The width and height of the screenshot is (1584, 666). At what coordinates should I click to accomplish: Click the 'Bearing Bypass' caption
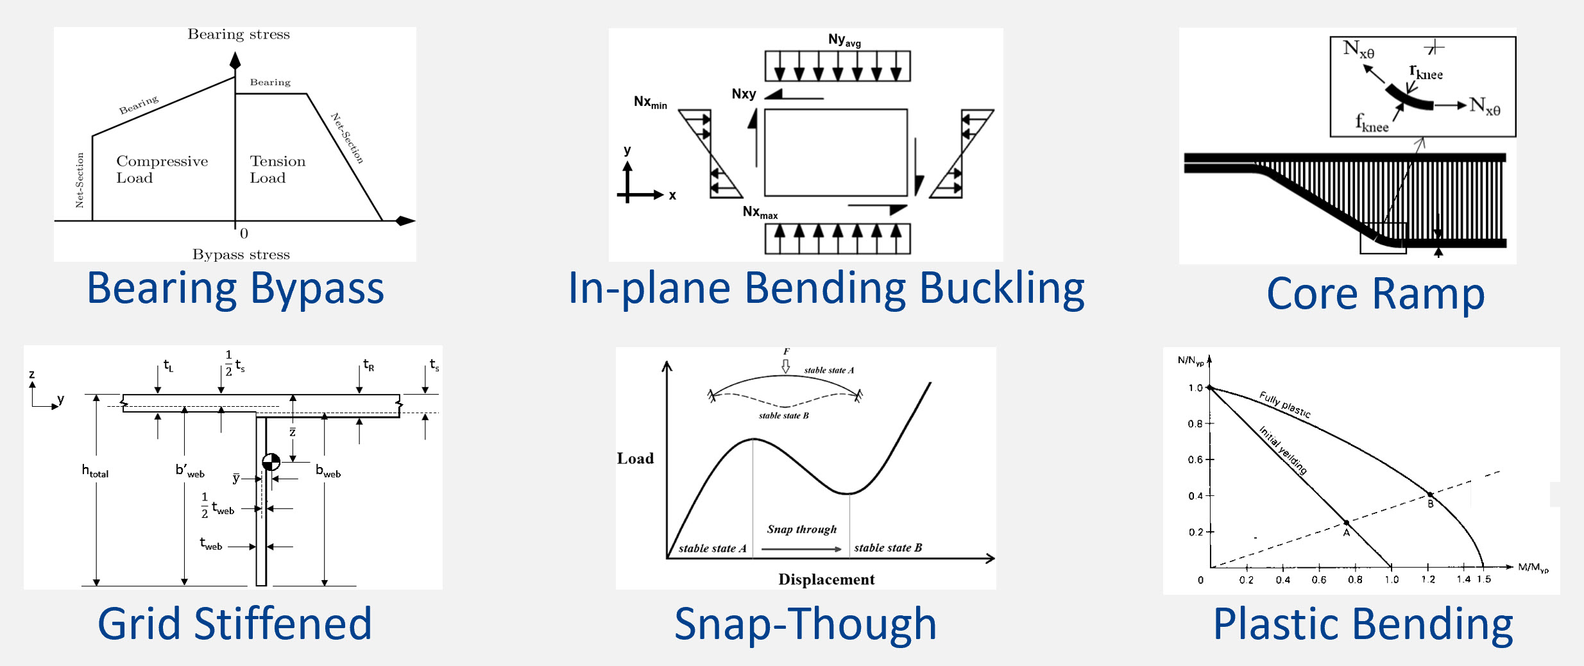coord(235,289)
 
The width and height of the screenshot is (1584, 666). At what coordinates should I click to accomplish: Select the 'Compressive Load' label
coord(162,169)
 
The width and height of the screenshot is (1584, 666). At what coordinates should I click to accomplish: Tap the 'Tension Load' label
coord(278,169)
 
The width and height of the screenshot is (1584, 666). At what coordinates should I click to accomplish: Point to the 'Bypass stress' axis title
coord(241,254)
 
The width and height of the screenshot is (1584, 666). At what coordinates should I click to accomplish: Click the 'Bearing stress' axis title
coord(239,34)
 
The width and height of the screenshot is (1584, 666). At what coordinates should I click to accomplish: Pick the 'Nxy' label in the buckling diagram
coord(744,94)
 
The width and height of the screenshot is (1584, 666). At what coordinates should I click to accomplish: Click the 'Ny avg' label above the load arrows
coord(844,40)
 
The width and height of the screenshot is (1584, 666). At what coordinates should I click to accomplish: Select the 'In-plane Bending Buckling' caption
coord(826,289)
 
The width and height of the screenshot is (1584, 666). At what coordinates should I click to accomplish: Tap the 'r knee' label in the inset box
coord(1426,72)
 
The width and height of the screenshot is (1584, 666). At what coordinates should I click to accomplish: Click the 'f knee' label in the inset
coord(1372,123)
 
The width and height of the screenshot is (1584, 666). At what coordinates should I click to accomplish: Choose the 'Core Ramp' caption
coord(1375,294)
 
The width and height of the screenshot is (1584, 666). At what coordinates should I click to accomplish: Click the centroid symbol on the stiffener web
coord(271,462)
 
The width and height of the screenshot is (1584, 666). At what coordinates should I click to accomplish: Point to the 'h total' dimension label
coord(95,471)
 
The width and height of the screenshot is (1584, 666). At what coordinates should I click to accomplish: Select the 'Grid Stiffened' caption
coord(235,624)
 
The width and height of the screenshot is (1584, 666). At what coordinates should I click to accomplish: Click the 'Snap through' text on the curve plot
coord(802,529)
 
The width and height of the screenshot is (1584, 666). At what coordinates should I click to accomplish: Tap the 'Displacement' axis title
coord(826,579)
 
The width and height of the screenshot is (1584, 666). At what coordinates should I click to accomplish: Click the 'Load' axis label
coord(635,458)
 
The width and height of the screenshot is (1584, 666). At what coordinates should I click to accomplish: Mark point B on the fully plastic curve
coord(1430,494)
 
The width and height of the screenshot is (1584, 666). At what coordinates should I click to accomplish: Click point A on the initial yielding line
coord(1347,523)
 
